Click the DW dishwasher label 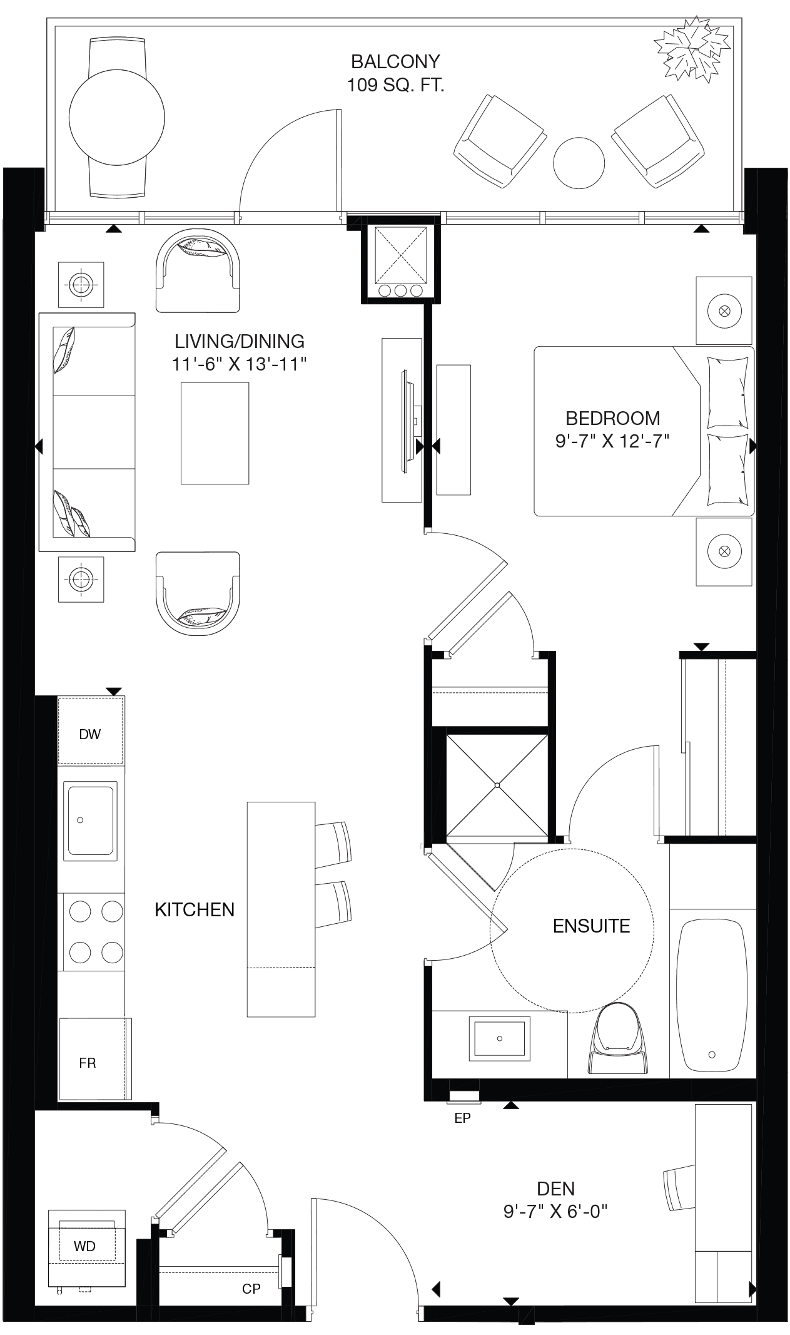[90, 734]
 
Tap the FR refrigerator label [88, 1063]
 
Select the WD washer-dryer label [84, 1246]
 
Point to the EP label [462, 1118]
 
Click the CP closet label [251, 1289]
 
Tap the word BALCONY [395, 61]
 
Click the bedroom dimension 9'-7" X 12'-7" [612, 441]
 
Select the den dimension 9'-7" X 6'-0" [555, 1212]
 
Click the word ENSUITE [591, 926]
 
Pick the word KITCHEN [195, 909]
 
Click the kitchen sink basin [91, 821]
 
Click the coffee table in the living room [215, 433]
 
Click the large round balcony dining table [117, 118]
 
